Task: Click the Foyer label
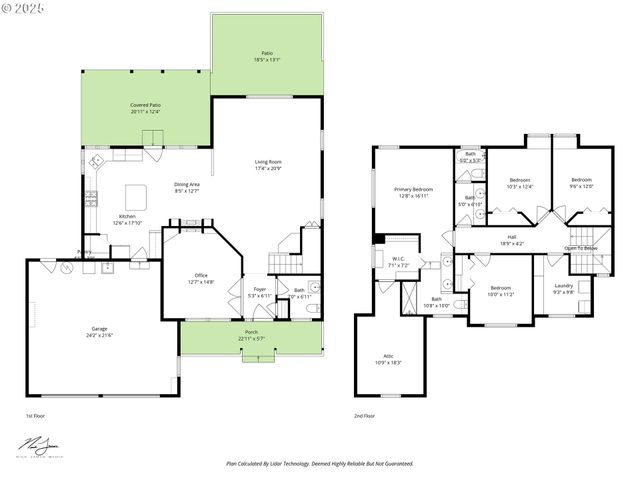tap(259, 293)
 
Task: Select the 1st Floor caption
tap(36, 414)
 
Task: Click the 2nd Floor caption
tap(366, 414)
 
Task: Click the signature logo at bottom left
tap(37, 444)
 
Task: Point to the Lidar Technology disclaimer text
tap(319, 464)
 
